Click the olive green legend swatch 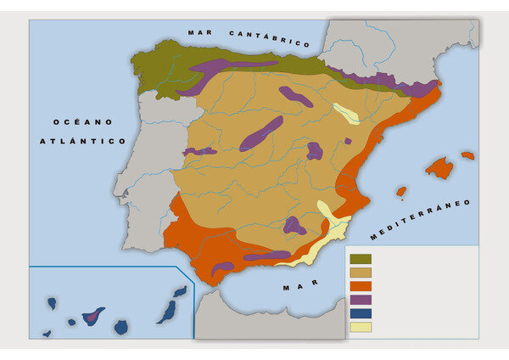point(361,258)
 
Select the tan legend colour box point(361,272)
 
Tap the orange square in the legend point(361,285)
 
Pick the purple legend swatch point(361,299)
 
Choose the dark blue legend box point(361,313)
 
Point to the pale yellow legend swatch point(361,327)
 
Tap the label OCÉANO point(78,122)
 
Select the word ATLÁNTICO point(83,141)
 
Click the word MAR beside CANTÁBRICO point(200,32)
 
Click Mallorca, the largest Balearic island point(439,168)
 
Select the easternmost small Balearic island point(467,155)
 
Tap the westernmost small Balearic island point(401,192)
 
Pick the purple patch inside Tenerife point(91,318)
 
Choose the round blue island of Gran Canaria point(120,327)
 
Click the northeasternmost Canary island point(180,291)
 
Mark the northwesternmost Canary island point(52,303)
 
